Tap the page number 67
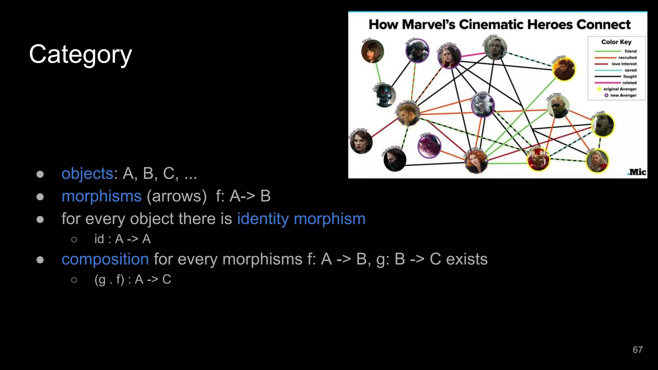(x=637, y=350)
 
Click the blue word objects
(x=87, y=173)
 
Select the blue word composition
(x=105, y=259)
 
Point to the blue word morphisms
(x=102, y=196)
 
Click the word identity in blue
(x=263, y=219)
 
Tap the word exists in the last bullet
(x=467, y=259)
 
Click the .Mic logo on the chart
(x=636, y=172)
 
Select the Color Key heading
(x=616, y=42)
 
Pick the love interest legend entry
(x=624, y=64)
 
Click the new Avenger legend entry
(x=623, y=95)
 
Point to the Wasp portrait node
(x=372, y=51)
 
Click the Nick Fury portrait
(x=558, y=107)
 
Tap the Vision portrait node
(x=429, y=146)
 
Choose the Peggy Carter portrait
(x=361, y=142)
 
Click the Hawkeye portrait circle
(x=564, y=69)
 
